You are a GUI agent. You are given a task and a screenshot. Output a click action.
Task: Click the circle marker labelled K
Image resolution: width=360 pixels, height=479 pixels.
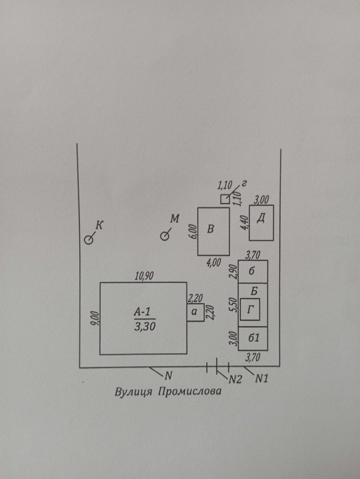click(89, 240)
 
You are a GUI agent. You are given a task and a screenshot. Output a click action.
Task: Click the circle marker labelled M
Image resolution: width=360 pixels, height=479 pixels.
click(165, 236)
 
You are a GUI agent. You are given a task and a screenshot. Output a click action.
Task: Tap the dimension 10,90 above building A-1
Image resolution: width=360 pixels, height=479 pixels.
click(144, 276)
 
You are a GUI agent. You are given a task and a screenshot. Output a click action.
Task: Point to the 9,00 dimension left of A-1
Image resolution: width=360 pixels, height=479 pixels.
click(95, 319)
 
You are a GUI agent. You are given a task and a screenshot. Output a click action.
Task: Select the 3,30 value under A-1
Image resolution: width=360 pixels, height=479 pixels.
click(144, 327)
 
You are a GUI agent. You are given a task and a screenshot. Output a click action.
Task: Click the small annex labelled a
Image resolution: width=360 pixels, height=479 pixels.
click(196, 312)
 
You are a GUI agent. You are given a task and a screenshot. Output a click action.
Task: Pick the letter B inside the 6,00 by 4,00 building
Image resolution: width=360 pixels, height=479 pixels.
click(211, 229)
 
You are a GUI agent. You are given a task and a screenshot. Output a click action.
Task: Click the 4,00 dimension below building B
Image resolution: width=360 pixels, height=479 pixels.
click(214, 262)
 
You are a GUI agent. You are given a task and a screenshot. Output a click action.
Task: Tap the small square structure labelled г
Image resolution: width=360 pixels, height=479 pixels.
click(225, 199)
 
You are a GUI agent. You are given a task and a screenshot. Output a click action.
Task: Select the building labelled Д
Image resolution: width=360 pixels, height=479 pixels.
click(261, 222)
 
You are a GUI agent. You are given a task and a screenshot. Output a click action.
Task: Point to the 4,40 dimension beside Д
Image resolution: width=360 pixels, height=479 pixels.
click(246, 223)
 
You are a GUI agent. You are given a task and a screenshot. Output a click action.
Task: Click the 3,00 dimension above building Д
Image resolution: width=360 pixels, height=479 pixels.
click(261, 199)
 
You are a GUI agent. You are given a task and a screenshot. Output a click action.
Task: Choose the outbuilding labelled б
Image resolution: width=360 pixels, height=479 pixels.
click(253, 271)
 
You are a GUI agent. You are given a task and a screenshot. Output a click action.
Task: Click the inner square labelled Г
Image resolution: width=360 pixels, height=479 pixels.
click(250, 310)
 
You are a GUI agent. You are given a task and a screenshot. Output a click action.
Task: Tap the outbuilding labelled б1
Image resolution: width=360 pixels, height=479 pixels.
click(253, 338)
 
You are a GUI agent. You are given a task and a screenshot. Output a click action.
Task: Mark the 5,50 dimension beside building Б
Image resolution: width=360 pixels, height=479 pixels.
click(234, 305)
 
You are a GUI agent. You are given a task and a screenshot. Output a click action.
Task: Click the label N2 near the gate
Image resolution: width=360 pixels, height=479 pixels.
click(235, 380)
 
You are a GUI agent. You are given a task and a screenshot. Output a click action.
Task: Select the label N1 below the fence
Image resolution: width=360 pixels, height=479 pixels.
click(261, 379)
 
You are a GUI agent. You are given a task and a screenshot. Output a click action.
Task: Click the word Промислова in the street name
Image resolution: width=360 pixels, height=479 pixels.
click(190, 391)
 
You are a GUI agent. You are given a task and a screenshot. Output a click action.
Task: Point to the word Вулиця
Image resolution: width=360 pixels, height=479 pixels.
click(134, 392)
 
